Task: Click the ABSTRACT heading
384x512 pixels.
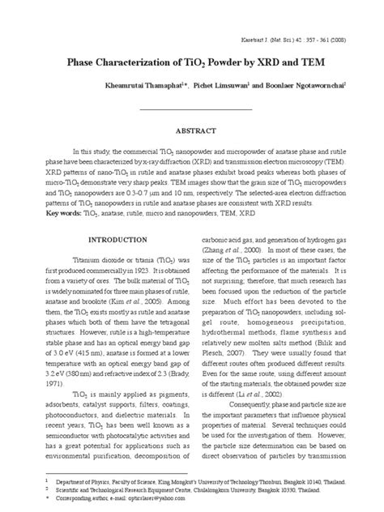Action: click(x=191, y=130)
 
